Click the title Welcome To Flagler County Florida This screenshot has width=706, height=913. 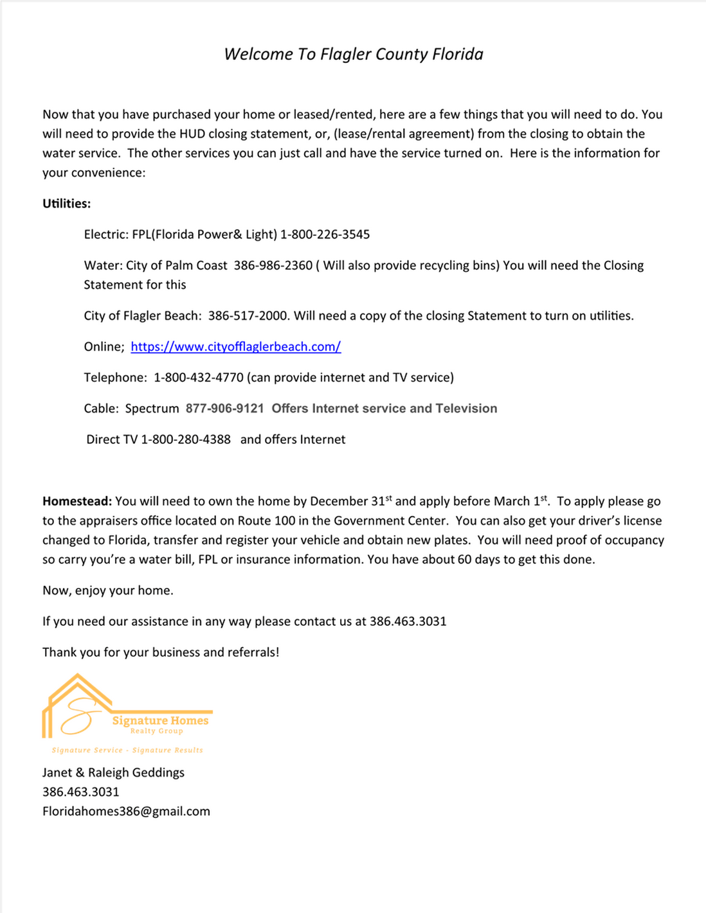(x=353, y=54)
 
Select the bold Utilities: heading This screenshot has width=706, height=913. (x=66, y=204)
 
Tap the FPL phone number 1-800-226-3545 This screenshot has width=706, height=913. (x=325, y=235)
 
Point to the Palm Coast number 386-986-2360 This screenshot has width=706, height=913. (x=273, y=265)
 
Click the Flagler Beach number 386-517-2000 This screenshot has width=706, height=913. (x=248, y=315)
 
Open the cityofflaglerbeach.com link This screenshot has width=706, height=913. (x=235, y=347)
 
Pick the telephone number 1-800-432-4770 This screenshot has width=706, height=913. (x=198, y=378)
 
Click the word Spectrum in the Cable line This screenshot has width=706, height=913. (x=152, y=409)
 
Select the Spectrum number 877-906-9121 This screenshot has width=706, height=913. (x=224, y=409)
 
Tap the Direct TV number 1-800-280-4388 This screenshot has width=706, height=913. (x=185, y=439)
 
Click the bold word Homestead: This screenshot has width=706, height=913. (x=77, y=501)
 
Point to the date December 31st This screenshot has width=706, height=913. (x=350, y=501)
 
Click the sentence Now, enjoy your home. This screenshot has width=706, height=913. (x=107, y=590)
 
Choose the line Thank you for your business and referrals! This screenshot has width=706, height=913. (x=161, y=652)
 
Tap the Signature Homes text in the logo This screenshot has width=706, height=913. (x=160, y=721)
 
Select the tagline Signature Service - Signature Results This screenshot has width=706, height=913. (x=127, y=750)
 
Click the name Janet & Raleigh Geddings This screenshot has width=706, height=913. (x=113, y=772)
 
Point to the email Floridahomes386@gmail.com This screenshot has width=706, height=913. (x=126, y=811)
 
